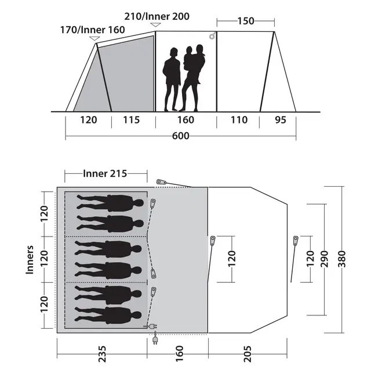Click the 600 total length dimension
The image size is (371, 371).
coord(180,136)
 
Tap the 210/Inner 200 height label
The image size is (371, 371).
coord(157,16)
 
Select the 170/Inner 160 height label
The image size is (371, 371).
coord(93,30)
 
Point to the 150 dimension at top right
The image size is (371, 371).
coord(246,21)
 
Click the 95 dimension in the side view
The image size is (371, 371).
coord(281,120)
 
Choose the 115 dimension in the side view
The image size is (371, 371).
coord(132,120)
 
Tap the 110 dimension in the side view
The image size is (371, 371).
coord(239,120)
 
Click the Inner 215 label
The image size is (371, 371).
coord(105,174)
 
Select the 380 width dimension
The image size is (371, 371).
coord(341,259)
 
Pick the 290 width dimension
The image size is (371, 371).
coord(324,259)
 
